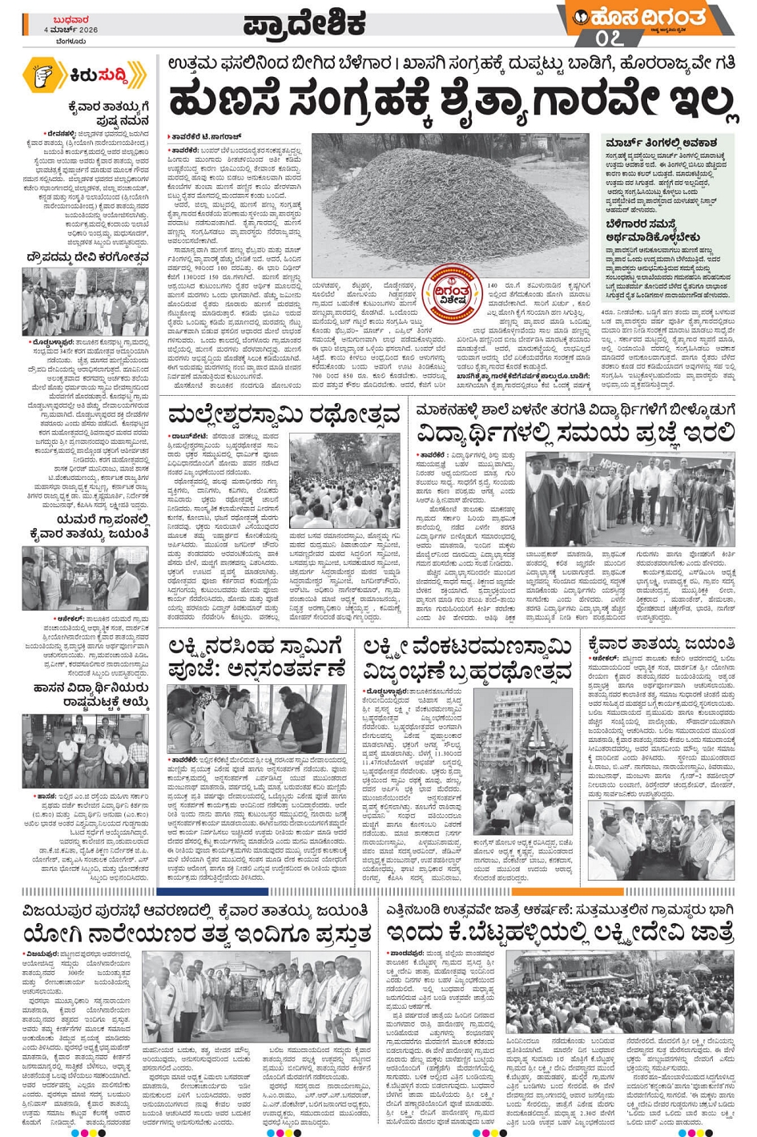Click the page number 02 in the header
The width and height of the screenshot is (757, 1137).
(610, 38)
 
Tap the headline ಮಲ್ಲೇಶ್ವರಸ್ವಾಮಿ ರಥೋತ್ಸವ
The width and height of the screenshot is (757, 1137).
(284, 414)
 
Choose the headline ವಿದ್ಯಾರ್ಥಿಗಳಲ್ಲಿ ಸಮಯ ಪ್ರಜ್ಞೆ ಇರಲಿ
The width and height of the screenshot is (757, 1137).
(575, 433)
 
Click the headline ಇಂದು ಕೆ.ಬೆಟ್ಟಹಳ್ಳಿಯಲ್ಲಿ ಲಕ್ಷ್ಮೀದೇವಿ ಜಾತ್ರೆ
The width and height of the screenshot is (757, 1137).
(560, 933)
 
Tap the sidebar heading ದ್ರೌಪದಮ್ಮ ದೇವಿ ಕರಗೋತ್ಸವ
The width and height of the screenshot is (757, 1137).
(87, 257)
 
